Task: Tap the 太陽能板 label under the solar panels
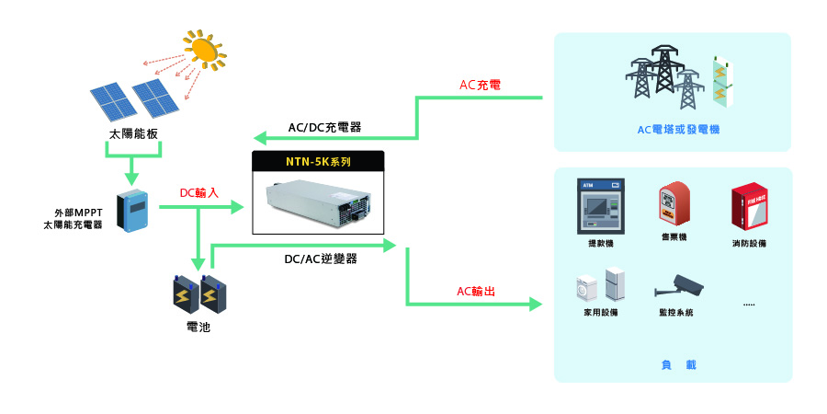[x=133, y=133]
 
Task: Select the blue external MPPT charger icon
[x=135, y=211]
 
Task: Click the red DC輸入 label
[x=199, y=193]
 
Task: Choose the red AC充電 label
[x=480, y=86]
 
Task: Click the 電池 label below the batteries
[x=198, y=327]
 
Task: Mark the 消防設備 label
[x=749, y=244]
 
